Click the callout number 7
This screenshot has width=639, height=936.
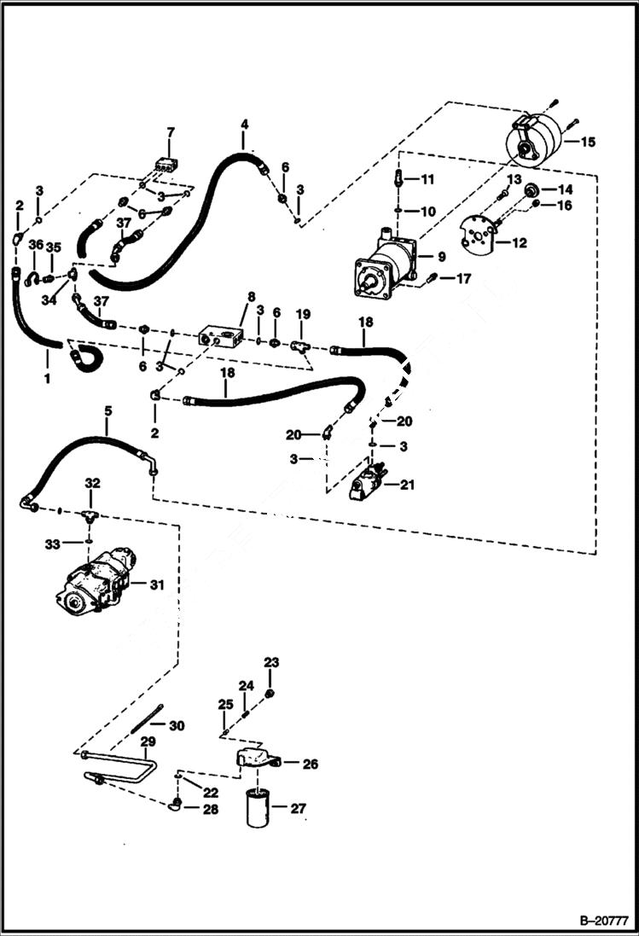170,132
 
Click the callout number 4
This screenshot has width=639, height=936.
244,125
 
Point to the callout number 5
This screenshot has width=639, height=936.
107,411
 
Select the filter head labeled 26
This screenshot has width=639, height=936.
255,758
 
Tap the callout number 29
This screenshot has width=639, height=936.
148,741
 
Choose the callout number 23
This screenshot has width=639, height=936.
271,662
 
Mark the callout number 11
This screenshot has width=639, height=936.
427,179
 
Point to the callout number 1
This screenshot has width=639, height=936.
46,376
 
